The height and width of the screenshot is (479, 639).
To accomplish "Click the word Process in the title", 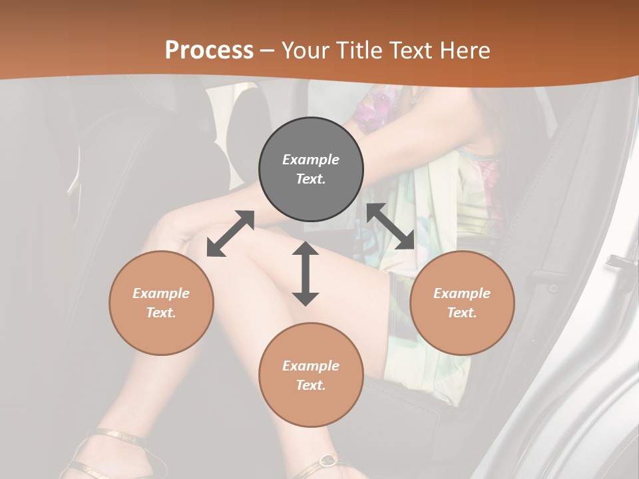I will point(209,50).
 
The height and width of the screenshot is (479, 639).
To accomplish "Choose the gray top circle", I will point(311,170).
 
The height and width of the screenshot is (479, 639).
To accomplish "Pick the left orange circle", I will point(161,303).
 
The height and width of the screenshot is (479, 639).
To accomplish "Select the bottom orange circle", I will point(311,375).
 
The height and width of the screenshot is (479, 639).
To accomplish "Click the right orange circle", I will point(462,303).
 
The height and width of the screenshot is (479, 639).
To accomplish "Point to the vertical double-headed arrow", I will point(306,273).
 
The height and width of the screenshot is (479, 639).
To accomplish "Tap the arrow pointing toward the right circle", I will point(390,227).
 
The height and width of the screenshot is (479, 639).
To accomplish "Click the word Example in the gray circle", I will point(311,160).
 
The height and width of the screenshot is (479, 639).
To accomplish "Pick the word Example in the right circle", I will point(462,293).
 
